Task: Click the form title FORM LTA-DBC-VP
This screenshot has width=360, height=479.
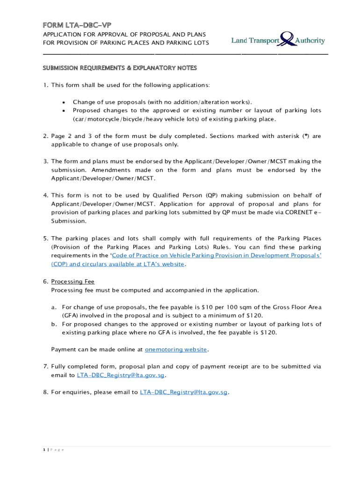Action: click(77, 25)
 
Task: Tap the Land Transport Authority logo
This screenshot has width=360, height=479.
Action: click(278, 39)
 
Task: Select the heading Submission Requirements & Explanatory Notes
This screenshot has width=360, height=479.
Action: click(120, 68)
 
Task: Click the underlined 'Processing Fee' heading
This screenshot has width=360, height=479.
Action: click(72, 281)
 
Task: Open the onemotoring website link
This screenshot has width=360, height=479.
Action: click(176, 349)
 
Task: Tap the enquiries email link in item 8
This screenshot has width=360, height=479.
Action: click(184, 392)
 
